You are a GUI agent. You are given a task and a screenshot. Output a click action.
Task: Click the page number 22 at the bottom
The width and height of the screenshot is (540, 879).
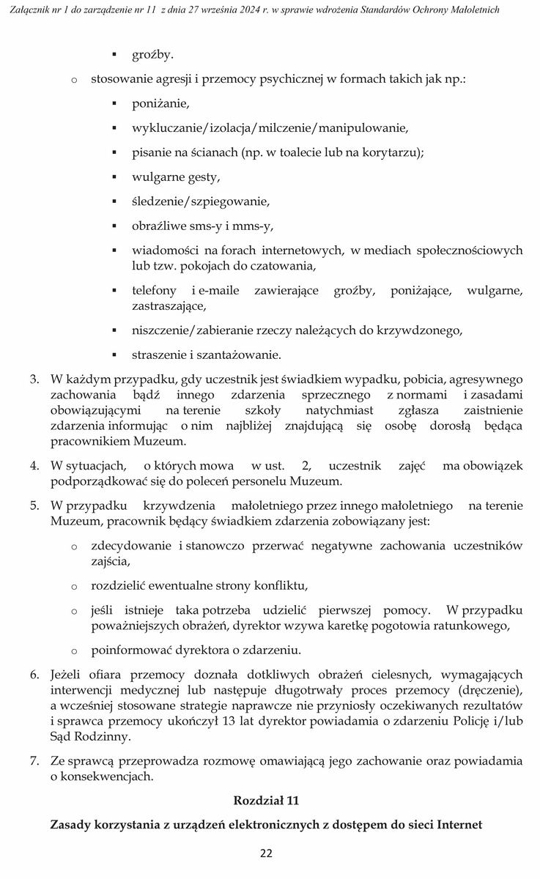click(266, 853)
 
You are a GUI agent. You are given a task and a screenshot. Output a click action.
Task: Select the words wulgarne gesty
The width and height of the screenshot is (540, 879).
click(175, 177)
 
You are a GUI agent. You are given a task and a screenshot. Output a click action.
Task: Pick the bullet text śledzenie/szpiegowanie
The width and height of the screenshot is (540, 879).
click(201, 201)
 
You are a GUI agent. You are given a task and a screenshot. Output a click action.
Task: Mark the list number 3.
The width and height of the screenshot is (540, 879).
click(34, 380)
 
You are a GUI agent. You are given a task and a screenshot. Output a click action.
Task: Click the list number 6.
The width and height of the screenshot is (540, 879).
click(34, 674)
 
